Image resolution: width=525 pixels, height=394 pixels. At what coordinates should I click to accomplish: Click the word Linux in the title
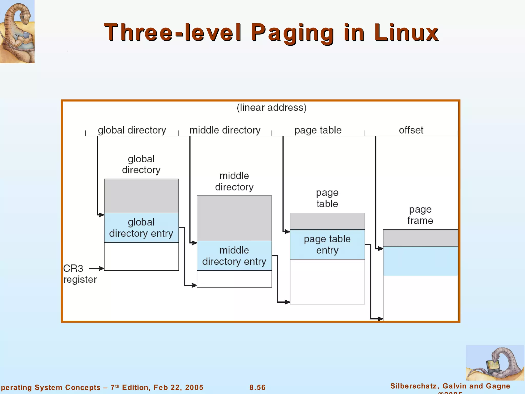[x=406, y=32]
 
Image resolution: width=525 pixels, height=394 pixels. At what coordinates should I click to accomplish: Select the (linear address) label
[x=271, y=107]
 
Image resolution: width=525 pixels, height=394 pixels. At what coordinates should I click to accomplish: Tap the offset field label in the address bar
[x=411, y=130]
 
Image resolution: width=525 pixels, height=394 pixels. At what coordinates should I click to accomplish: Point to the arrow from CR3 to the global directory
[x=96, y=269]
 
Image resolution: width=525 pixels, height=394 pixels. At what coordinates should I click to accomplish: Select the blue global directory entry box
[x=141, y=228]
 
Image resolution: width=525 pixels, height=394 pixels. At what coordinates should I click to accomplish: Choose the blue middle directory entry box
[x=234, y=256]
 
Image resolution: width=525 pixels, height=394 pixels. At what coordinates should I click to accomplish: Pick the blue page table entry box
[x=327, y=244]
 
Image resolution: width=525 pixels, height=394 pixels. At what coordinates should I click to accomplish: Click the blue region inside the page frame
[x=420, y=261]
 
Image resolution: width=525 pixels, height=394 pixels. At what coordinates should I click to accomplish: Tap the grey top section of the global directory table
[x=141, y=196]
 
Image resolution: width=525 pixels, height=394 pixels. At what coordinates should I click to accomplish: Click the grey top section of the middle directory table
[x=234, y=218]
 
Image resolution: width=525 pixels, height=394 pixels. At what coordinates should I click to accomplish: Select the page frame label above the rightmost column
[x=420, y=215]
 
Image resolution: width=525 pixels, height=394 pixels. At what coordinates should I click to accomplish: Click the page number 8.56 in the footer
[x=257, y=387]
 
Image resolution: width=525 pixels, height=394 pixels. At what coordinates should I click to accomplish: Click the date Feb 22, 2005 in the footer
[x=178, y=387]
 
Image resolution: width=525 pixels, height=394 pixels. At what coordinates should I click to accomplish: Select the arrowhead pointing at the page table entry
[x=287, y=232]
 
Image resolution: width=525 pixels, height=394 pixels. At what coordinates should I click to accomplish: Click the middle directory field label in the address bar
[x=225, y=130]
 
